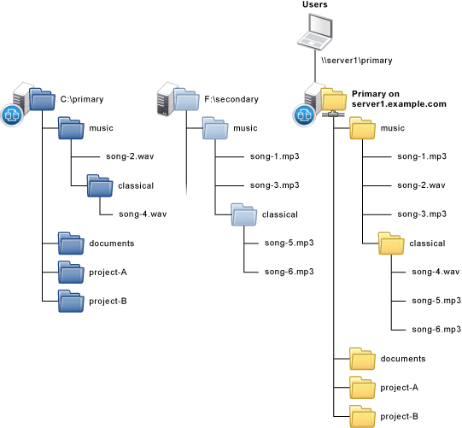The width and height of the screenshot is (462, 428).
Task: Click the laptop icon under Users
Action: click(315, 32)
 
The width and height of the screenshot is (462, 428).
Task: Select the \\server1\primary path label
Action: click(357, 61)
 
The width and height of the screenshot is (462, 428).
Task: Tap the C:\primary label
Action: click(82, 99)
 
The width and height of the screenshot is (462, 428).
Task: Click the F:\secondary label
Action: click(231, 99)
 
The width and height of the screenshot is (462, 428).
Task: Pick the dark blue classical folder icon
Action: click(100, 185)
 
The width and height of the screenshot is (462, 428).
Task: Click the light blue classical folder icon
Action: click(244, 214)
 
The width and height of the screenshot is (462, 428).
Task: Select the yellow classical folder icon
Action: click(391, 243)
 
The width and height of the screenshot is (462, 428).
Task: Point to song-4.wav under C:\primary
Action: click(143, 214)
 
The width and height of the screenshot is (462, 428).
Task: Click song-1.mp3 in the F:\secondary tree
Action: click(275, 156)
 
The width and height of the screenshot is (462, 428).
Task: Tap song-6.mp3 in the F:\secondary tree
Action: click(289, 272)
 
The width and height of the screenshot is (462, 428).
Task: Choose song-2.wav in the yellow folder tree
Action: click(421, 185)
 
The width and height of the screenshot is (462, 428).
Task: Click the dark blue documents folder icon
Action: click(71, 243)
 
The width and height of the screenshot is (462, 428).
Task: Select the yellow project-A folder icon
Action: click(362, 387)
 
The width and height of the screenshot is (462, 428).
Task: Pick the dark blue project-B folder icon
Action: click(71, 301)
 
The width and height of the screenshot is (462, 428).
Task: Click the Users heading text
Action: click(314, 4)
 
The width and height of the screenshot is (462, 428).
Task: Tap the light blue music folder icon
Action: click(215, 128)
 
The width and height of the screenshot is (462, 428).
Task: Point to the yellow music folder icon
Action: click(362, 128)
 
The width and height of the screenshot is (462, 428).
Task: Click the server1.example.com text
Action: click(399, 104)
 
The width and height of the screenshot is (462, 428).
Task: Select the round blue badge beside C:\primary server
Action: click(12, 115)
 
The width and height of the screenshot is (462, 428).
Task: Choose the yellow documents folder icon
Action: click(362, 359)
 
